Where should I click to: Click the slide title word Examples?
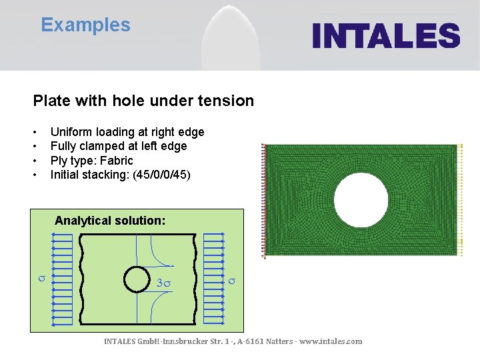[x=85, y=25]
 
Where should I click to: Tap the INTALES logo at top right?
[x=386, y=35]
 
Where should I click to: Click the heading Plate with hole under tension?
[x=143, y=101]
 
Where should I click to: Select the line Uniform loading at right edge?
[x=127, y=132]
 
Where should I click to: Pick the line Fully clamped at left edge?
[x=118, y=146]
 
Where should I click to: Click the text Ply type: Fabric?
[x=91, y=161]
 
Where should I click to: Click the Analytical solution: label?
[x=110, y=220]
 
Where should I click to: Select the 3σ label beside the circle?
[x=163, y=283]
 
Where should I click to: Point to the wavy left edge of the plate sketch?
[x=81, y=280]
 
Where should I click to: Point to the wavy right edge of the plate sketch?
[x=197, y=280]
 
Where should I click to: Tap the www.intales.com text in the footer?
[x=331, y=341]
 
